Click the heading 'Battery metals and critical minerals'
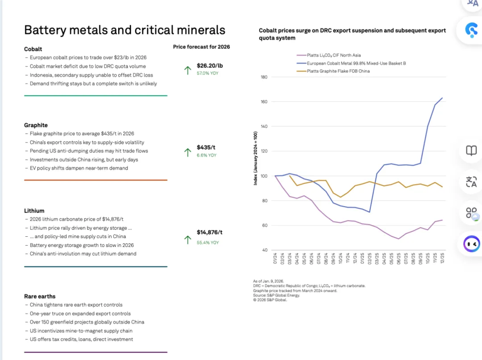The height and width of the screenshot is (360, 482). pos(125,30)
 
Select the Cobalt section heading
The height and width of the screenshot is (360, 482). pos(33,49)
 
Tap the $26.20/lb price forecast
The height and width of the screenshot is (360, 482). pos(209,66)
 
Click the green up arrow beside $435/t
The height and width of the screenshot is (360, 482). pos(187,152)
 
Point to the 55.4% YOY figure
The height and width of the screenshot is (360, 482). pos(208,243)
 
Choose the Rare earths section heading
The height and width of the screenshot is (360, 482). pos(40,296)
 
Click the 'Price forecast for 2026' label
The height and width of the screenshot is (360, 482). pos(201,46)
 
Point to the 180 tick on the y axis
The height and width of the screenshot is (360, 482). pos(263,77)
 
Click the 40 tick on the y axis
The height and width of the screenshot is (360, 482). pos(265,250)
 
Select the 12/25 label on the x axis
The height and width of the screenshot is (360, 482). pos(442,259)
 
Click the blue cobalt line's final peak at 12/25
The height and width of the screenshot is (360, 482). pos(442,98)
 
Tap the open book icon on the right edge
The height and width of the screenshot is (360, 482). pos(471,151)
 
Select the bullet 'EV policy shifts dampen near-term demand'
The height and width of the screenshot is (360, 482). pos(79,168)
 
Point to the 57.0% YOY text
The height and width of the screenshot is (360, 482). pos(208,73)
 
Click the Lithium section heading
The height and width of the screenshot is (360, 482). pos(34,210)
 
